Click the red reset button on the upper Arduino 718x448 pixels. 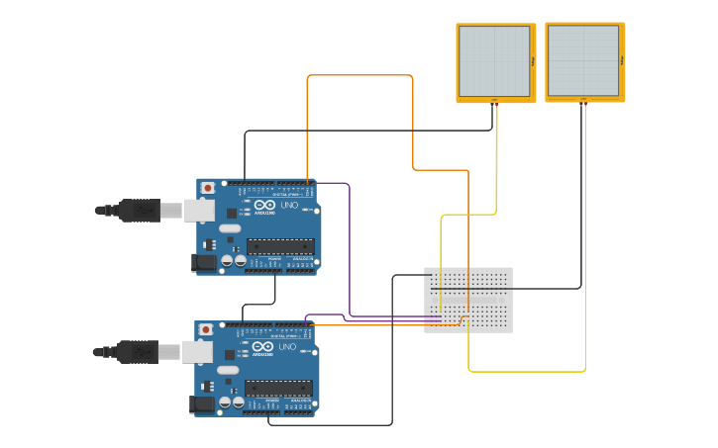(207, 188)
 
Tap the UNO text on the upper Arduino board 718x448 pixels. (290, 206)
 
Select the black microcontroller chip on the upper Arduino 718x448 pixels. (280, 246)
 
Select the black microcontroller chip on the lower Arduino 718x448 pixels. (278, 388)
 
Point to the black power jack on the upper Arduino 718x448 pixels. (203, 262)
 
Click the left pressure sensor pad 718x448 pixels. (495, 60)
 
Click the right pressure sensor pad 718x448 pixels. (584, 60)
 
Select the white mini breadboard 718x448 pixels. (468, 300)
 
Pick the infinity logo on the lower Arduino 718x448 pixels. (262, 347)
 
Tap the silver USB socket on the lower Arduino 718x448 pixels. (198, 351)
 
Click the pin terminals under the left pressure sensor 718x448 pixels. (494, 101)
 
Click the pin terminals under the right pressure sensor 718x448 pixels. (583, 100)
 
